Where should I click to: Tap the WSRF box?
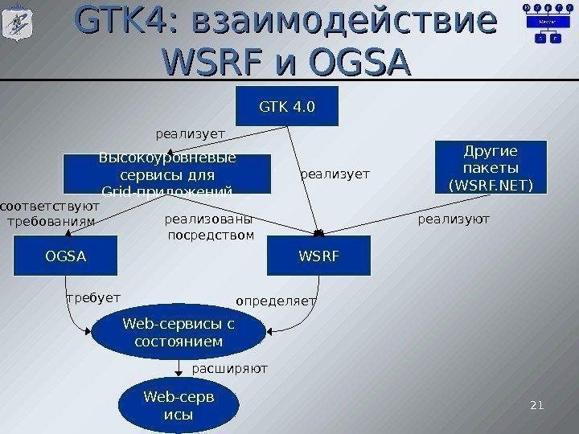pyautogui.click(x=319, y=256)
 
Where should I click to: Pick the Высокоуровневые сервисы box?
pyautogui.click(x=167, y=174)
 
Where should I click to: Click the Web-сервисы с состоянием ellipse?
pyautogui.click(x=179, y=334)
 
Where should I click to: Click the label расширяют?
pyautogui.click(x=229, y=369)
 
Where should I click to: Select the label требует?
pyautogui.click(x=92, y=297)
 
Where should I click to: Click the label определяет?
pyautogui.click(x=276, y=301)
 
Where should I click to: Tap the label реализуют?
pyautogui.click(x=454, y=219)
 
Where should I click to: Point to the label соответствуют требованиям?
pyautogui.click(x=48, y=212)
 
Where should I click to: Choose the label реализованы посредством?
pyautogui.click(x=209, y=227)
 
